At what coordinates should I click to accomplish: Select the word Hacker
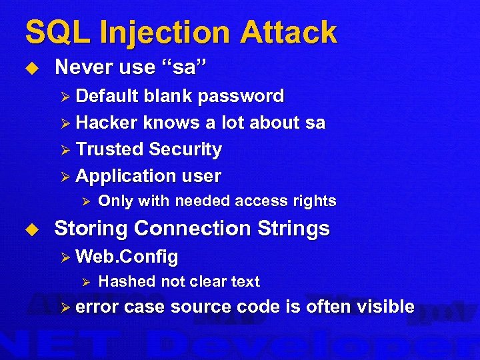(107, 123)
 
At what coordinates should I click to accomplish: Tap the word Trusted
(109, 149)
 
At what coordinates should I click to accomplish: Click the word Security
(185, 149)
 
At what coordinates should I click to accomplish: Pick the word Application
(121, 176)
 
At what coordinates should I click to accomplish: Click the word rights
(314, 201)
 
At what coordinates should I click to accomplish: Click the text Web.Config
(127, 256)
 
